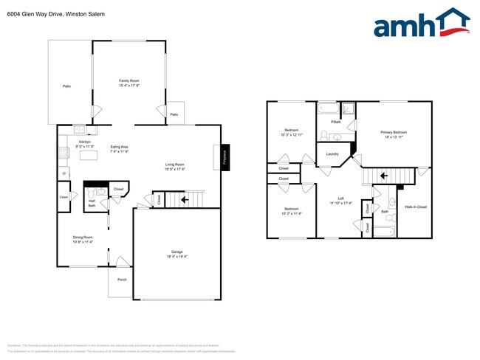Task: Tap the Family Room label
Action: [x=129, y=80]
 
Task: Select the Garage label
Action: [x=176, y=252]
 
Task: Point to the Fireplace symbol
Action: [x=225, y=157]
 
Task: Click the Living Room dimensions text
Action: [x=174, y=170]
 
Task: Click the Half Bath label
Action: [x=92, y=202]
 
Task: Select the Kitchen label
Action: [x=84, y=142]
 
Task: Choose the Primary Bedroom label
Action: [x=394, y=132]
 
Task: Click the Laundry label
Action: [x=332, y=153]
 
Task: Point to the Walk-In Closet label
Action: [x=416, y=207]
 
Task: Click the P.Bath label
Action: [x=335, y=122]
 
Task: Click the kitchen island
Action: [x=89, y=156]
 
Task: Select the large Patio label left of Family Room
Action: [x=66, y=87]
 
